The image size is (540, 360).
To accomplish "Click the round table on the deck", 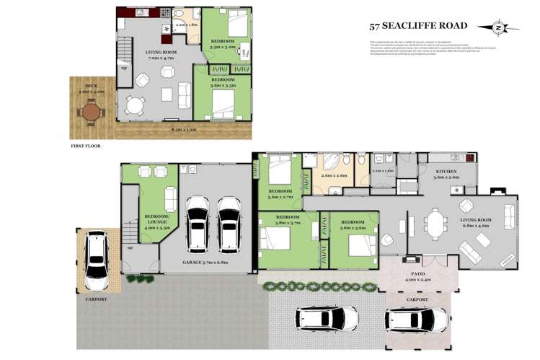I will (91, 113).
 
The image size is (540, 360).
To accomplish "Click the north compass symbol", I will (499, 28).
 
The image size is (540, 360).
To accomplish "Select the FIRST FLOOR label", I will (86, 146).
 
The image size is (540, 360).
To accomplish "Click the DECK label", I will (91, 88).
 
